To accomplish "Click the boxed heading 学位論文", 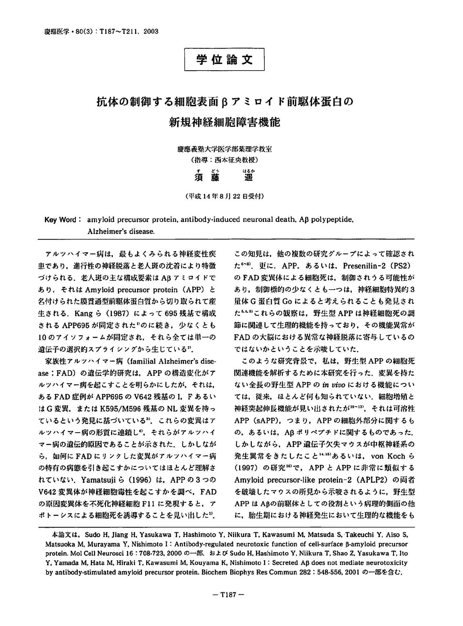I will (224, 60).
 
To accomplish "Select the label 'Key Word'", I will (60, 220).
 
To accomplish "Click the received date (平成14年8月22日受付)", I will (224, 196).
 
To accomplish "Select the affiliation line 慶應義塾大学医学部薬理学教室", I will (224, 149).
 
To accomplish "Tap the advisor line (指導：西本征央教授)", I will (224, 160).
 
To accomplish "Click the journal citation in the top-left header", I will (101, 32).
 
